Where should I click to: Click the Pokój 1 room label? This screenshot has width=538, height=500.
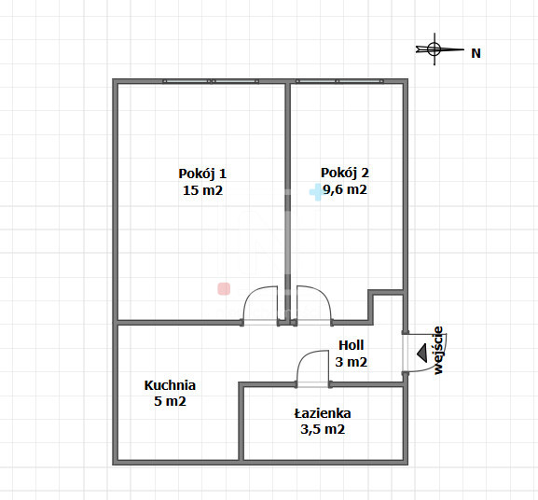click(202, 174)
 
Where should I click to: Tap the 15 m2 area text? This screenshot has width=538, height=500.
click(202, 190)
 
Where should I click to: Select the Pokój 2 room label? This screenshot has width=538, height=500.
click(345, 173)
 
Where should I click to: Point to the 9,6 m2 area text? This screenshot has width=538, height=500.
click(345, 189)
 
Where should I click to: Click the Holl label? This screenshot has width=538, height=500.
click(351, 345)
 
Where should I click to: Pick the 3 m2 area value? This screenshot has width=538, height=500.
click(351, 362)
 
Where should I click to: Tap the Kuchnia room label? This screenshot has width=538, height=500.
click(170, 385)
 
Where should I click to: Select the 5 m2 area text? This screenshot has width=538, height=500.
click(170, 401)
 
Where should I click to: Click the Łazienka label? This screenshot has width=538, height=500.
click(323, 413)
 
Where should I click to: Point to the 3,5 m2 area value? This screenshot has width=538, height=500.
click(323, 429)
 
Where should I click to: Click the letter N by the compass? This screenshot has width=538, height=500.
click(476, 53)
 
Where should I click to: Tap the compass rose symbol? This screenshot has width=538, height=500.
click(435, 49)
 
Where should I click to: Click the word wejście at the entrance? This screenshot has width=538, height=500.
click(438, 350)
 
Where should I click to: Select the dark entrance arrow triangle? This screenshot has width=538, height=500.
click(422, 353)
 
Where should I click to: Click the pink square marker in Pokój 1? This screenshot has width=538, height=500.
click(224, 289)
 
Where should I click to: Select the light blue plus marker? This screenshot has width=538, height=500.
click(316, 192)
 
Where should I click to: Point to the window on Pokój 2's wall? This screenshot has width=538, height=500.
click(339, 81)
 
